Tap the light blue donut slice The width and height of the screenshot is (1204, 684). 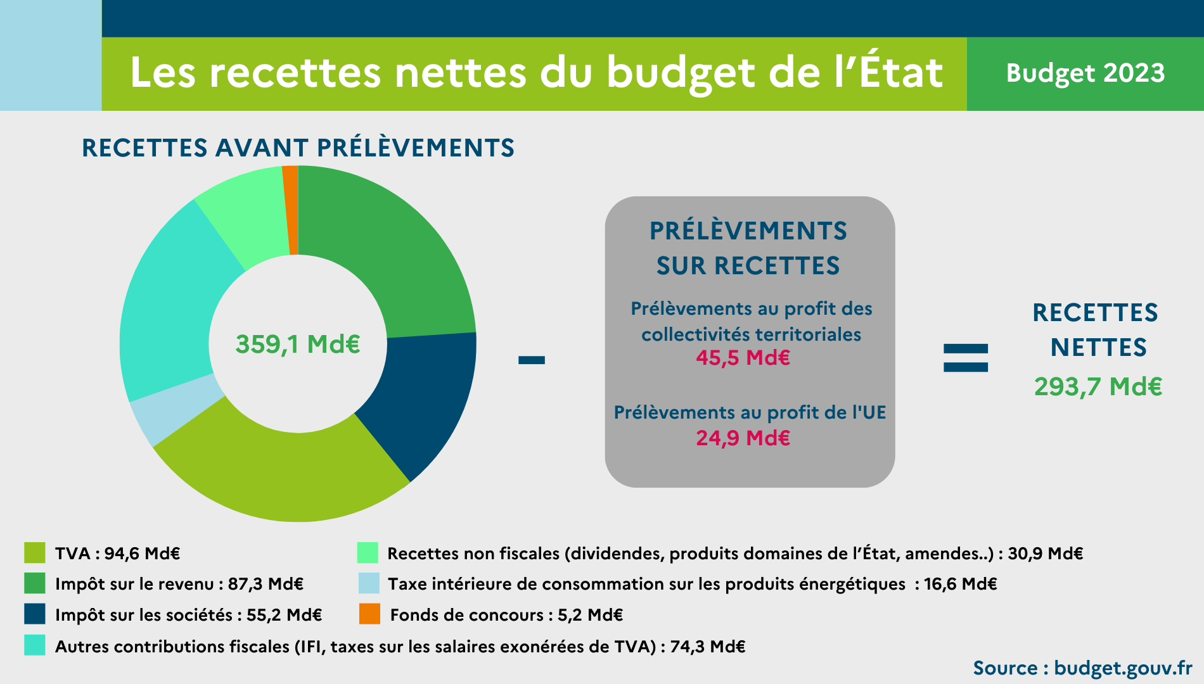tap(172, 411)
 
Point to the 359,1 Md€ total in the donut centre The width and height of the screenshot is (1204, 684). tap(298, 345)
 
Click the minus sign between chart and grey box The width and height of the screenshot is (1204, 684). tap(531, 360)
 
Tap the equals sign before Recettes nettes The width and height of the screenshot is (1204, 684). tap(965, 358)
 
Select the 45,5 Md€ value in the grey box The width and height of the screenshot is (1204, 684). tap(743, 358)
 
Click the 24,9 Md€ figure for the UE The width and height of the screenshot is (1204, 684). tap(743, 438)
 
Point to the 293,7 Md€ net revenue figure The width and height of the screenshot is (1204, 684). tap(1098, 386)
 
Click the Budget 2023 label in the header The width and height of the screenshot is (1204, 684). tap(1085, 73)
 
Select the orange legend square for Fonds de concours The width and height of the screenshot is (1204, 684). tap(369, 614)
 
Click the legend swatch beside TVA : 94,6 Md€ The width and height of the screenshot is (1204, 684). tap(35, 553)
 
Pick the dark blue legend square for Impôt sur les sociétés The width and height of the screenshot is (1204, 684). tap(35, 614)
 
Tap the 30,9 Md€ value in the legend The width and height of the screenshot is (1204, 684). tap(1045, 554)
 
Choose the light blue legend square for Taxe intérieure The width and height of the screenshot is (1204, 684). tap(369, 583)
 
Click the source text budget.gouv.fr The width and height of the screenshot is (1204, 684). tap(1123, 668)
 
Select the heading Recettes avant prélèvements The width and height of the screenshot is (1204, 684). tap(298, 148)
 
